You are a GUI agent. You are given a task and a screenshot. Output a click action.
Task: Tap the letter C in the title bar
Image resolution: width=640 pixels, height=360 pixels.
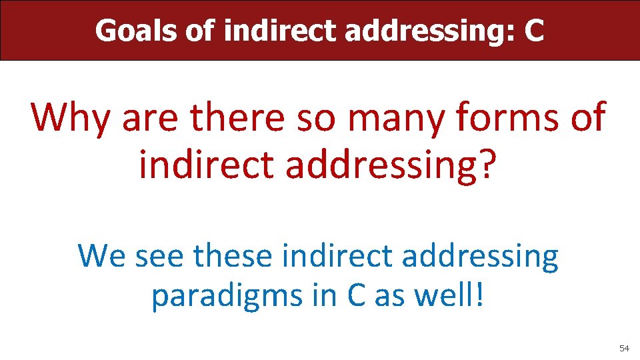click(x=533, y=31)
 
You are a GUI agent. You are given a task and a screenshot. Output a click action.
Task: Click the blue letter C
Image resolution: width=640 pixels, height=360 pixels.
click(x=355, y=295)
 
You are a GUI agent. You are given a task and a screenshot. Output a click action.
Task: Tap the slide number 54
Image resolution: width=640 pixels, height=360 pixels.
click(x=624, y=349)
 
